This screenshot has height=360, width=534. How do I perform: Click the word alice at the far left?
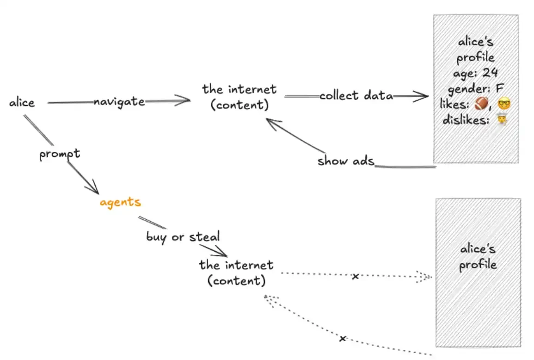pos(22,102)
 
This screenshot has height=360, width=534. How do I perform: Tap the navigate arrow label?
pos(119,101)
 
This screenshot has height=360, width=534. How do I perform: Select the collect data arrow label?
pos(356,96)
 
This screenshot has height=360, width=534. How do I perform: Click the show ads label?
pos(345,161)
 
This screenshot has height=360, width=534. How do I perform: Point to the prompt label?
pos(60,154)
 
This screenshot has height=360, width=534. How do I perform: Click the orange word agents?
pos(120,202)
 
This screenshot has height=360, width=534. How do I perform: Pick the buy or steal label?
pos(183,236)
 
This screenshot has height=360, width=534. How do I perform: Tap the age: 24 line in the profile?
pos(476,73)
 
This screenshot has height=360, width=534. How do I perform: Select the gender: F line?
pos(476,88)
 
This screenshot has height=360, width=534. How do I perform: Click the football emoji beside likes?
pos(481,105)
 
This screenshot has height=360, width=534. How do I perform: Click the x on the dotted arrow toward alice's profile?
pos(355,277)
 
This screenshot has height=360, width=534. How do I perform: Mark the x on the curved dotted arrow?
pos(342,339)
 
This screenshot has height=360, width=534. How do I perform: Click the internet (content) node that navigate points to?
pos(239,97)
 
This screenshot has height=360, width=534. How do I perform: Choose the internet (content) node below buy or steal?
pos(236,273)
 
